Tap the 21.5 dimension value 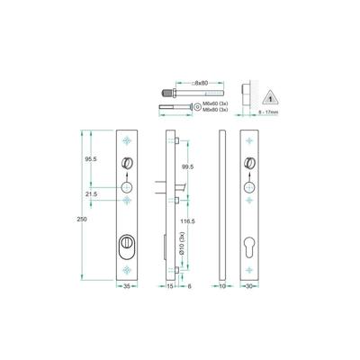pos(93,193)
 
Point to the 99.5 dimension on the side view pos(187,168)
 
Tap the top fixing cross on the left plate pos(127,141)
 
